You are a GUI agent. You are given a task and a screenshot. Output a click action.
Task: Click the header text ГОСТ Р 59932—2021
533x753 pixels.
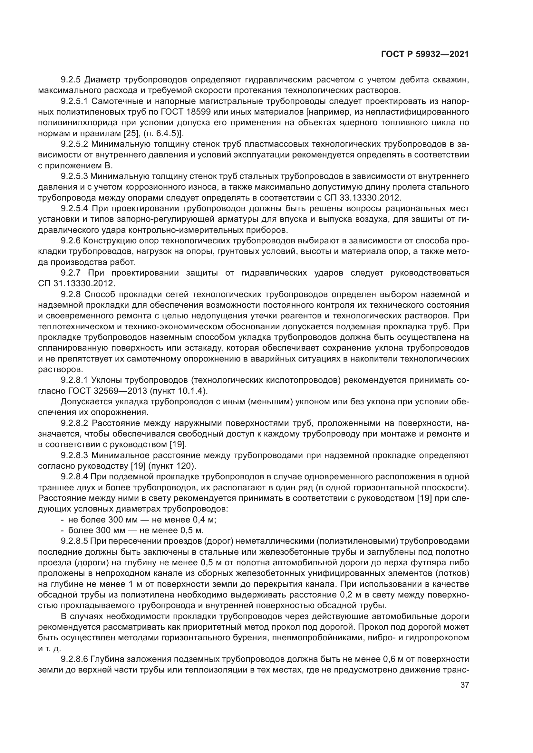click(425, 54)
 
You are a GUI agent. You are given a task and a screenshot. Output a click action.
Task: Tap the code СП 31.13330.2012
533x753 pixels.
click(76, 283)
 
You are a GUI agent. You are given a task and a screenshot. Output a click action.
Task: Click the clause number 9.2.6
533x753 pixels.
click(70, 241)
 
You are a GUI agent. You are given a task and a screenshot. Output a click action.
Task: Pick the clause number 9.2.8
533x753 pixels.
click(70, 294)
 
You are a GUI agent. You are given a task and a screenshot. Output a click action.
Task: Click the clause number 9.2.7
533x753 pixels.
click(70, 273)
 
